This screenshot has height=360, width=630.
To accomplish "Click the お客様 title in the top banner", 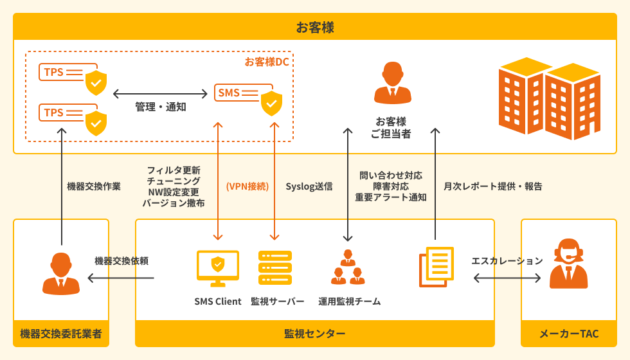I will pos(314,27).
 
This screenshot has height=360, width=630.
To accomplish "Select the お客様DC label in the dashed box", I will pos(266,62).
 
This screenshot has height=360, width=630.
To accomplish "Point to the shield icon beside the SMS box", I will pos(271,103).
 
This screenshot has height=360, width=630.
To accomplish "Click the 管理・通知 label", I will pos(161,107).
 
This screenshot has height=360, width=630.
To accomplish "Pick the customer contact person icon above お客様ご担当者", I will pos(392,83).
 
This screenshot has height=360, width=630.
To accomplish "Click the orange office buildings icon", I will pos(549,98).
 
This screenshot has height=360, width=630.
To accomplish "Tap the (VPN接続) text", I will pos(248,186).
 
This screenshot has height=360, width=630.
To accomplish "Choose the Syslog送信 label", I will pos(309,186).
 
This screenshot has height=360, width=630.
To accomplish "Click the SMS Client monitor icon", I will pos(218,267).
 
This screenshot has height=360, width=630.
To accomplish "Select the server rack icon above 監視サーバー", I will pos(275,267).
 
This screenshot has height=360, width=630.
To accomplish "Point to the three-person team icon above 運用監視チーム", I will pos(348,267).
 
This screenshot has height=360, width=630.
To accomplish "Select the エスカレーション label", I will pos(507,261).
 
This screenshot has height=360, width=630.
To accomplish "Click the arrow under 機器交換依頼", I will pos(121,278).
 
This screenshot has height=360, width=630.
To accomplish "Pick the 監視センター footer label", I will pos(315,334).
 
